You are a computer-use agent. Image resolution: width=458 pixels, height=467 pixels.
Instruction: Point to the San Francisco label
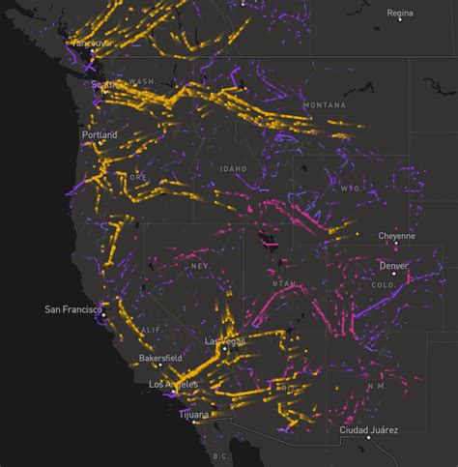click(73, 309)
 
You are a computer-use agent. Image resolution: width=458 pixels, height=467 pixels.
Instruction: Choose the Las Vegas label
click(225, 341)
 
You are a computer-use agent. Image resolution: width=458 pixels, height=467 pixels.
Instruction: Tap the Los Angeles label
click(174, 384)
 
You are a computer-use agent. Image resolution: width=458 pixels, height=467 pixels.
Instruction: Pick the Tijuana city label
click(193, 414)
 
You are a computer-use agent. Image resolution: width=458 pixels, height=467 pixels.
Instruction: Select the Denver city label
click(393, 265)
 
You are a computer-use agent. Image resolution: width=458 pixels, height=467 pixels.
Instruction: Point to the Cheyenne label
click(397, 235)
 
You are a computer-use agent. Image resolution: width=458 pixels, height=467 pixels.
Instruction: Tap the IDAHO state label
click(233, 168)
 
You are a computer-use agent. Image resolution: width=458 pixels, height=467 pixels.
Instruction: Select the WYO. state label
click(350, 188)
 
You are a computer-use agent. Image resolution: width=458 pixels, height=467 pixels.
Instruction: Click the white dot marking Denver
click(393, 275)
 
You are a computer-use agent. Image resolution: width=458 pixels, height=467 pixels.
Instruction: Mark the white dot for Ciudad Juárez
click(368, 438)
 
